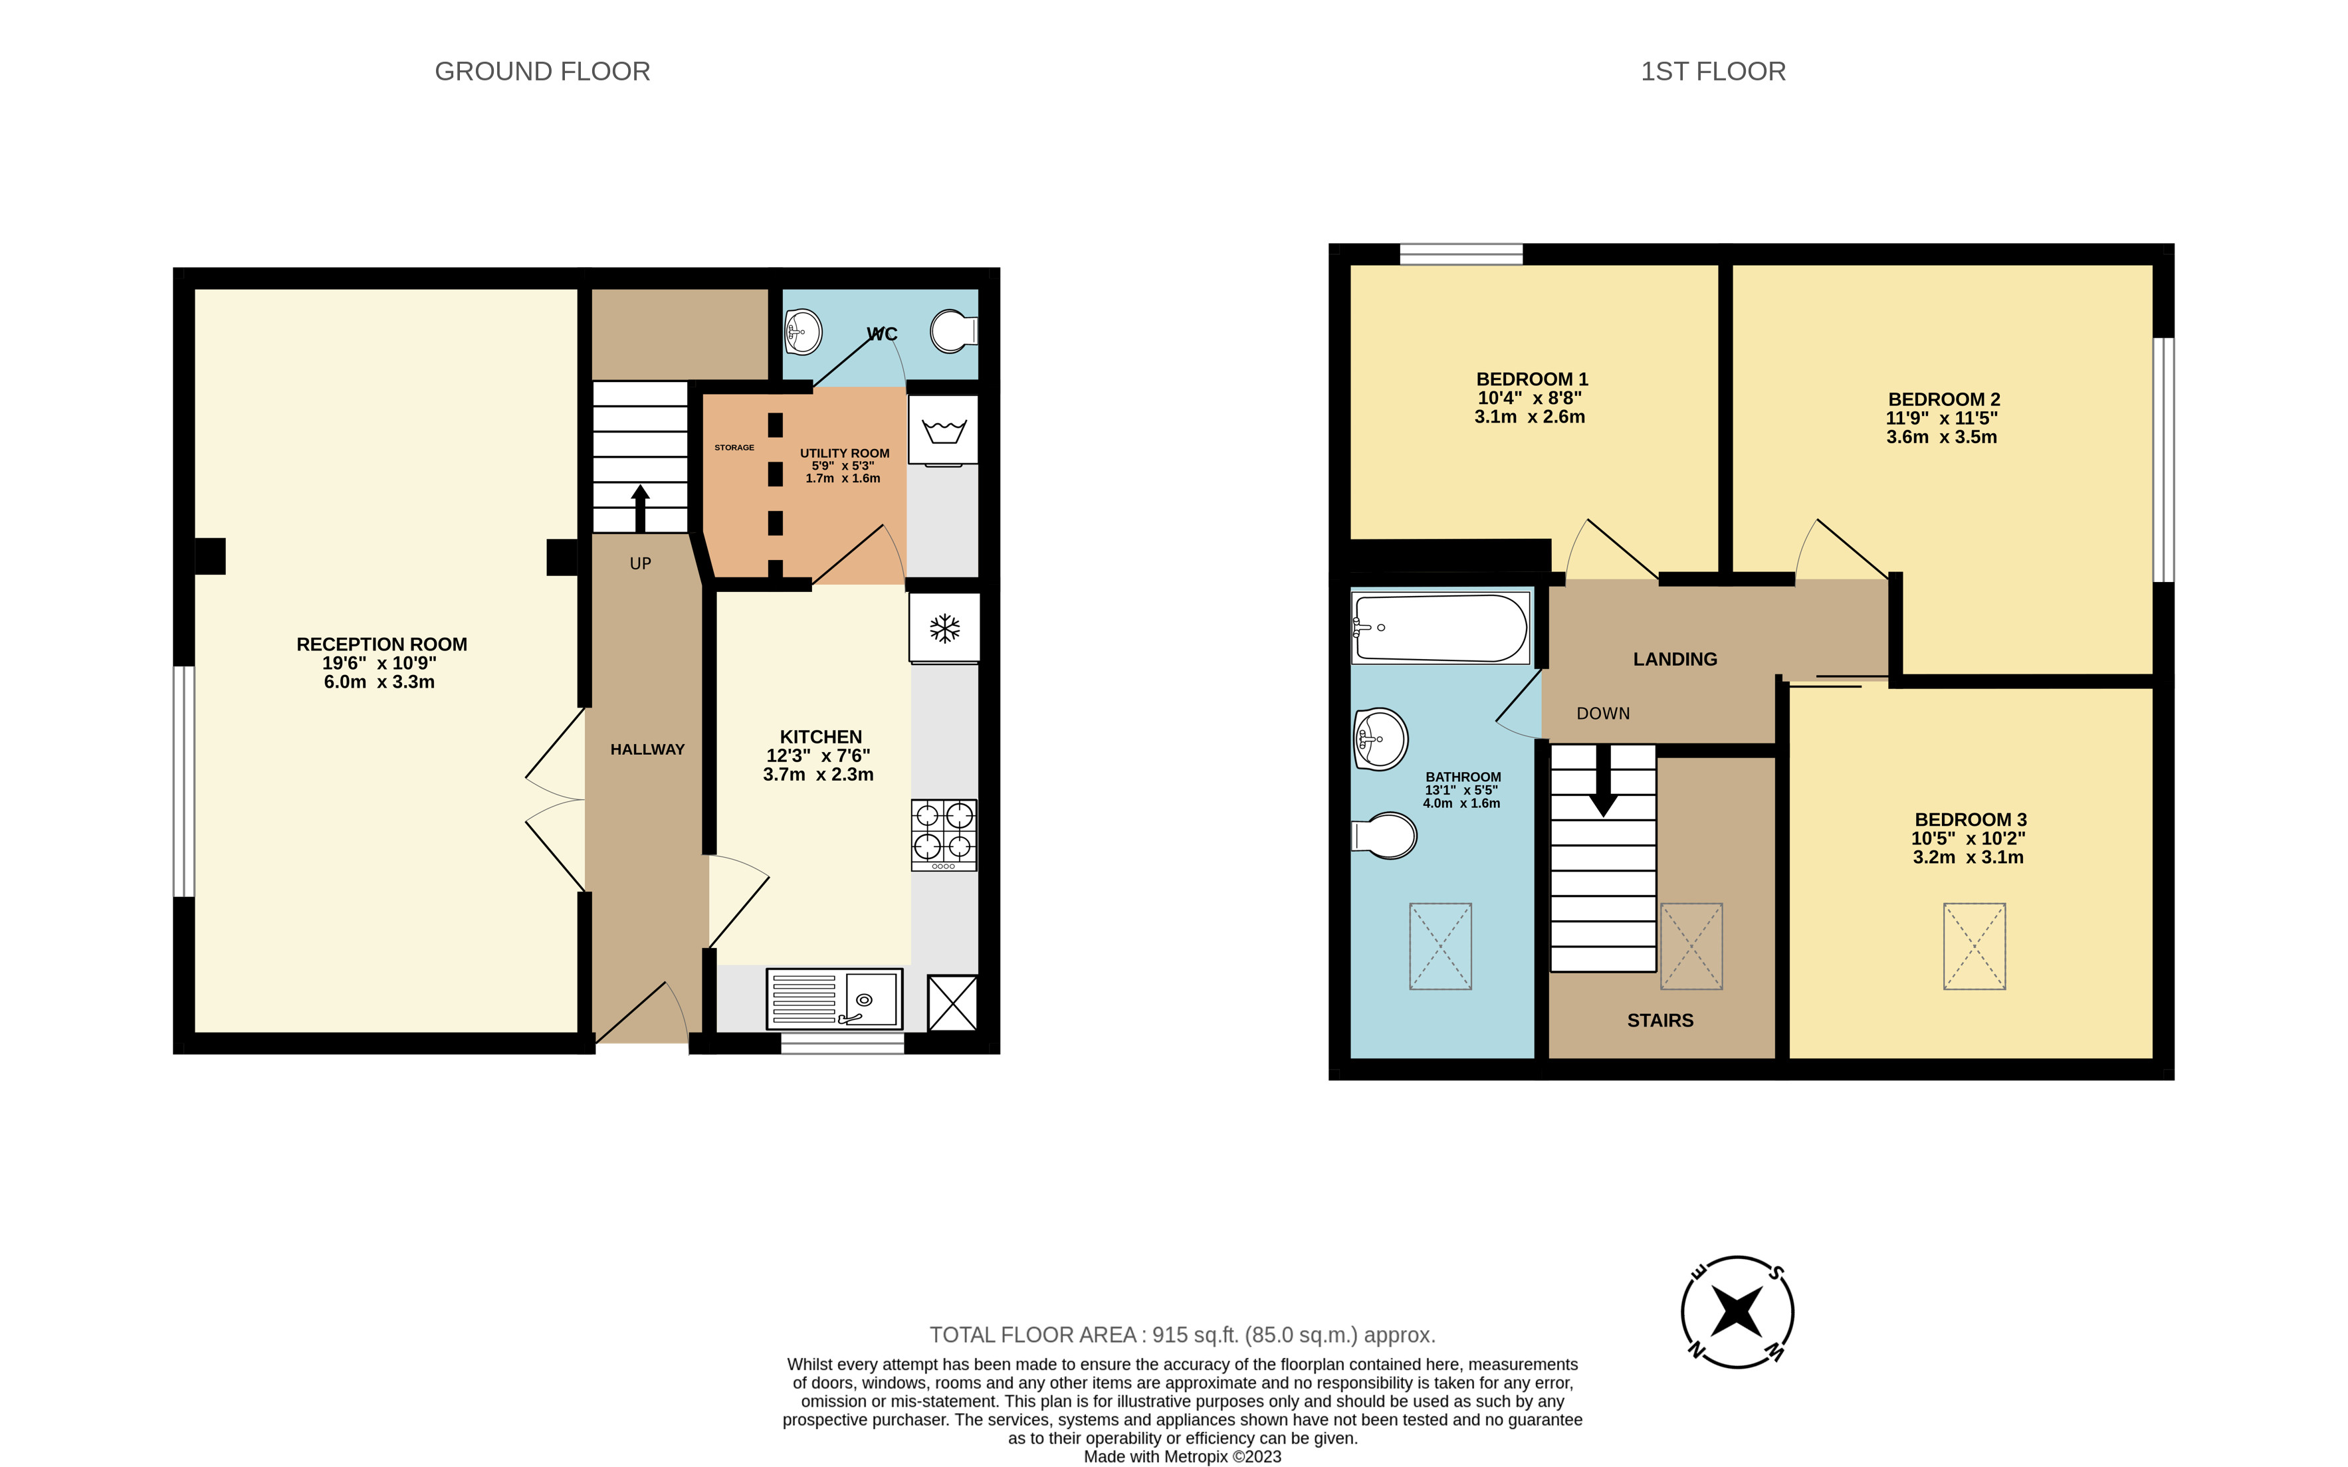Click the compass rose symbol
1737,1312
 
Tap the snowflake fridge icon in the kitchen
944,629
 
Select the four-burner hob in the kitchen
944,834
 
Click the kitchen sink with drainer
835,999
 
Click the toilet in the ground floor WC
953,332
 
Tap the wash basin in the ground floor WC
802,332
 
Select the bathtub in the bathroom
1440,629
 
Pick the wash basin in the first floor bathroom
1380,739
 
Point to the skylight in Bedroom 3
1974,946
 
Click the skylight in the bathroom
1440,946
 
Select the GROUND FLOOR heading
542,72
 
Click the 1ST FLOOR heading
1713,72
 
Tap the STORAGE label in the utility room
734,447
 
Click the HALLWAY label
647,749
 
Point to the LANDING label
1675,659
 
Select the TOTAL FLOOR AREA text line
1182,1335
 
